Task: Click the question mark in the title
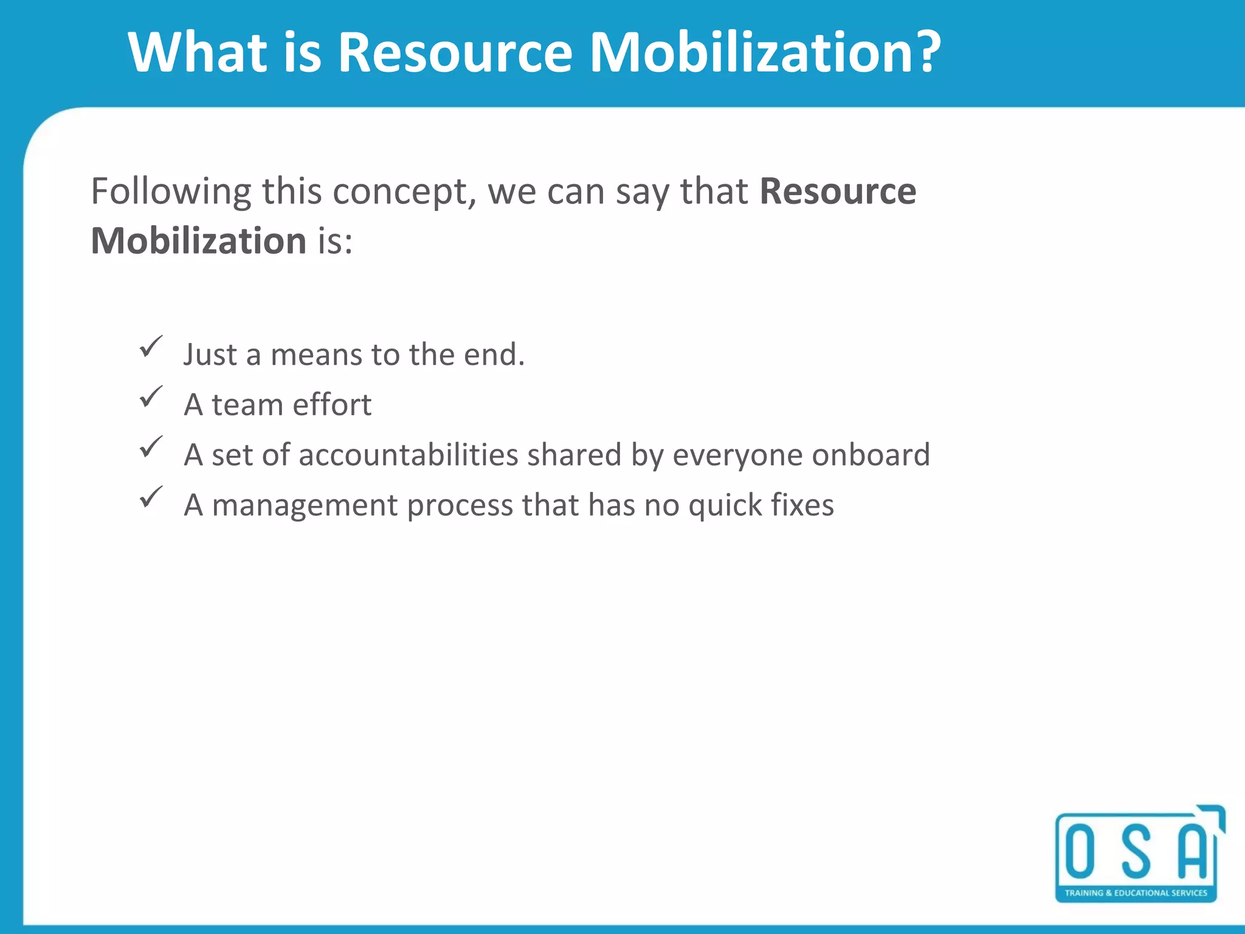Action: coord(922,52)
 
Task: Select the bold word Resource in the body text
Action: coord(838,192)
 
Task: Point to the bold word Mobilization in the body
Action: coord(198,241)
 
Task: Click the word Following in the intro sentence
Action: coord(170,192)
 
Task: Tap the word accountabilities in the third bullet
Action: coord(408,455)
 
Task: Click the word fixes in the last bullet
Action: coord(802,505)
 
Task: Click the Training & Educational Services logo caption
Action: coord(1136,893)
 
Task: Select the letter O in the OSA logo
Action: coord(1080,852)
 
